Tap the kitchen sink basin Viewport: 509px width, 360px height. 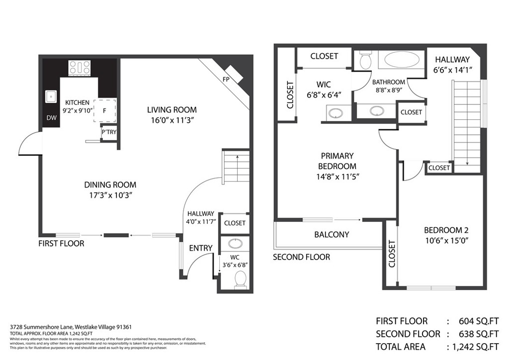tap(51, 96)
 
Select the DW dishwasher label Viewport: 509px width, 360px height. tap(51, 118)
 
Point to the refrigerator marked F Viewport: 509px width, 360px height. tap(104, 111)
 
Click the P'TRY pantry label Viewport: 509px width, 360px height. tap(108, 133)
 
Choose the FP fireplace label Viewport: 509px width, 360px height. tap(226, 79)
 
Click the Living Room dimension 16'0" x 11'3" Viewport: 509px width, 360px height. tap(171, 120)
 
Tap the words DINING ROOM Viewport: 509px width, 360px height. tap(110, 184)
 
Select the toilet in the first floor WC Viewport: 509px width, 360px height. tap(240, 279)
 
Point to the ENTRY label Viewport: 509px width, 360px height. tap(201, 248)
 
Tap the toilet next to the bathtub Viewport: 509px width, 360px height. tap(365, 60)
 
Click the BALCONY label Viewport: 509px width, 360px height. tap(332, 234)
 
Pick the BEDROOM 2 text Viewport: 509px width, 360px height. tap(446, 230)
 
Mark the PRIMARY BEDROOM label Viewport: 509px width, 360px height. tap(337, 161)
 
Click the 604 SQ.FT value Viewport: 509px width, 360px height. tap(477, 321)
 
